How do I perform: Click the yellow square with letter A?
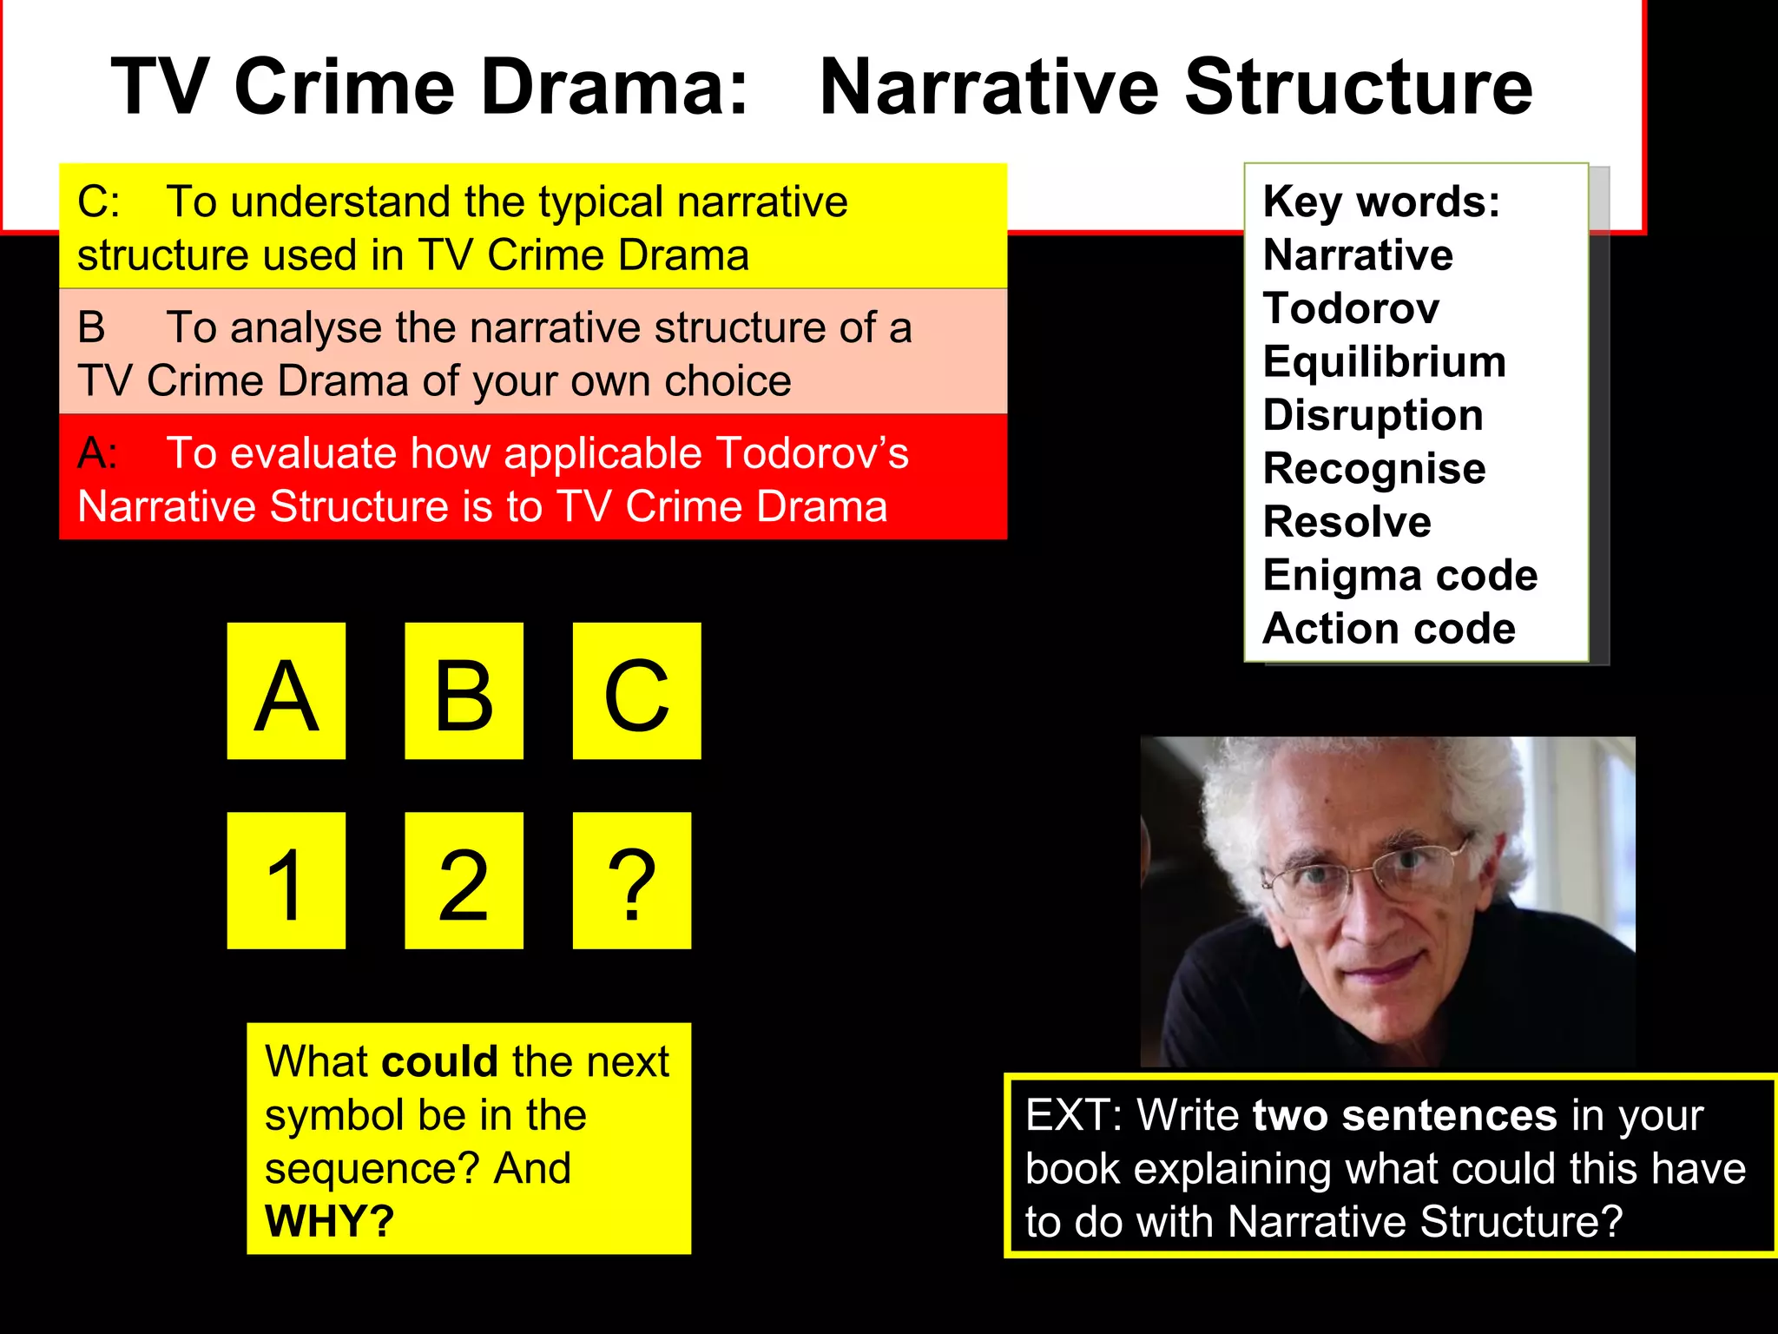pos(286,691)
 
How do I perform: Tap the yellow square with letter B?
pos(464,691)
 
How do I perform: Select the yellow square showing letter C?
pos(636,691)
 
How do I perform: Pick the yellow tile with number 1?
pos(286,881)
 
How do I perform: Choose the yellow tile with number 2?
pos(464,881)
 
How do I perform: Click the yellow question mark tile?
pos(631,881)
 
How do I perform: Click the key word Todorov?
pos(1351,308)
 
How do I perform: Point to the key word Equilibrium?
pos(1384,361)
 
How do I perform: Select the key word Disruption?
pos(1373,415)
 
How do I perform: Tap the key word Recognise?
pos(1373,469)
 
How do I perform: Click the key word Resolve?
pos(1347,522)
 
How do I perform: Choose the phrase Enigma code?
pos(1399,576)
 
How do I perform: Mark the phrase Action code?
pos(1389,629)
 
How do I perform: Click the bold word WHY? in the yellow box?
pos(330,1221)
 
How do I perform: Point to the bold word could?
pos(439,1061)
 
